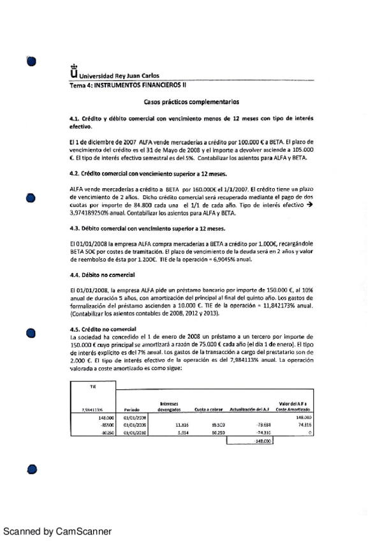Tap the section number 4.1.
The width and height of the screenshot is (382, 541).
[77, 119]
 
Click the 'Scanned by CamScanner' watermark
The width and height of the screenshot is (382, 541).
[57, 531]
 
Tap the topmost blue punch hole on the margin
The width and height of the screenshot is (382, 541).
[31, 61]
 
